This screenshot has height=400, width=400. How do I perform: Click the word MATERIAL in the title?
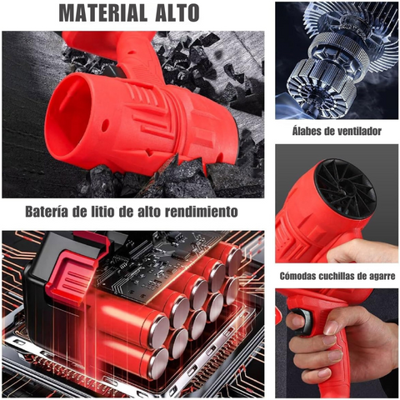[102, 12]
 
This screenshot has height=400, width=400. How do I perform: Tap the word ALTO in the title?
[177, 12]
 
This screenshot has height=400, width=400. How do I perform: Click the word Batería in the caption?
[47, 212]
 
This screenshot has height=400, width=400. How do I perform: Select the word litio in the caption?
[99, 212]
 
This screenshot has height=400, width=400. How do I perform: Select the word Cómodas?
[297, 276]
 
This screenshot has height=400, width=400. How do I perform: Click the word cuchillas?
[337, 276]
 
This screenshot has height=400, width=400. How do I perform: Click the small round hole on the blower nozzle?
[105, 126]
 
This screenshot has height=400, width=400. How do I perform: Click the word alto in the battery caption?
[149, 212]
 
